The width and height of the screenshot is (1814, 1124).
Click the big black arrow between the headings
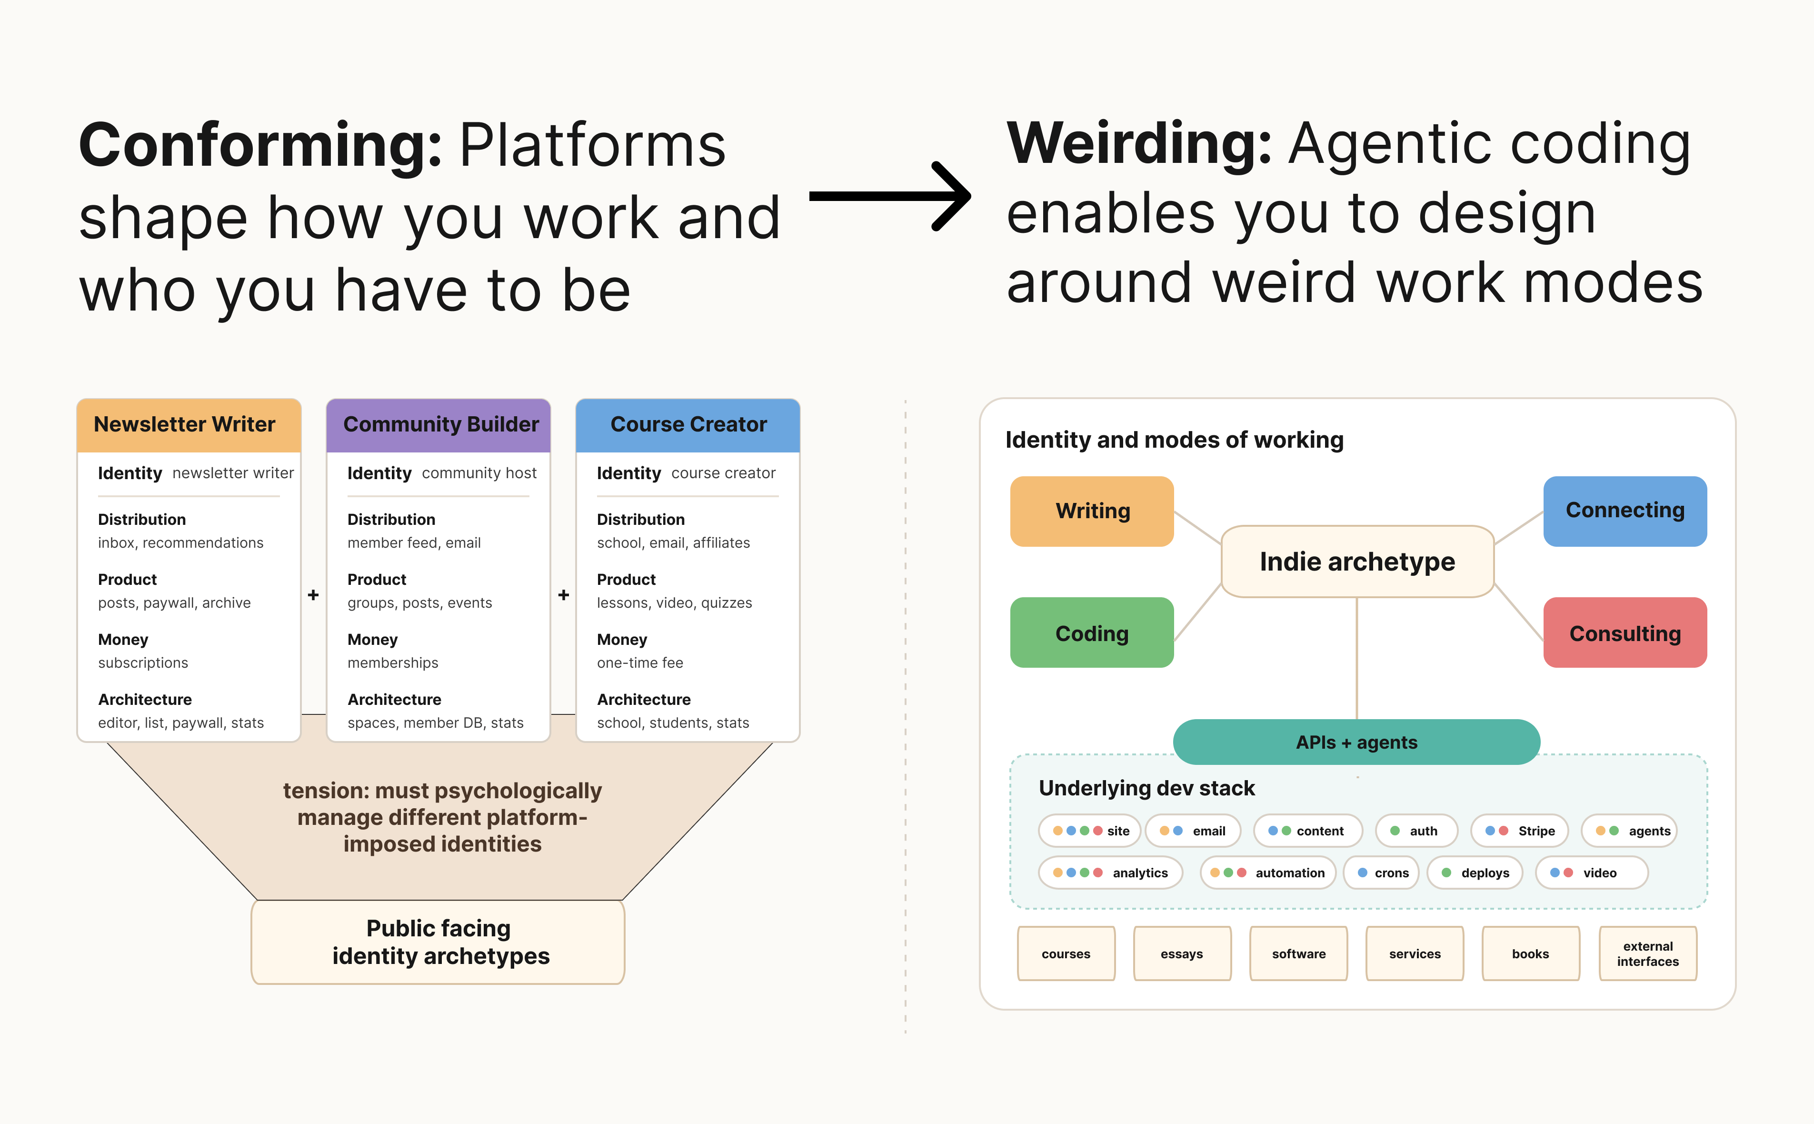[889, 196]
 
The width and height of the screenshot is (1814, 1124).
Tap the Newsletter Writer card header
[189, 425]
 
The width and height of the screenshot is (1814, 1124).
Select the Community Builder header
[439, 425]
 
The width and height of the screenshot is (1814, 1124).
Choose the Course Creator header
[688, 425]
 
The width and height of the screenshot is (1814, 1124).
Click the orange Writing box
[1092, 512]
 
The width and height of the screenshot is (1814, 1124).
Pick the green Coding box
[1092, 632]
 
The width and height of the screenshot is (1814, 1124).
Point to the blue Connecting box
[1625, 512]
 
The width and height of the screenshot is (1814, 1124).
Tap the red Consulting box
[1625, 632]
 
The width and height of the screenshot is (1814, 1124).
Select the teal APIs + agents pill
[1356, 742]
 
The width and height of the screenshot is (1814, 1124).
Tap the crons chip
[1382, 873]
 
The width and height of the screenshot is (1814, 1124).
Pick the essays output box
[1182, 954]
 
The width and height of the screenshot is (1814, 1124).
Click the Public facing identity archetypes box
[439, 943]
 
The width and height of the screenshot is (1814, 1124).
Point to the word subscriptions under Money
[143, 663]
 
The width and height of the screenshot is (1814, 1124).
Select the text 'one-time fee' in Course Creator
[640, 663]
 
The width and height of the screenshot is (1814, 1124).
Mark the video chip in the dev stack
[1592, 873]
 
